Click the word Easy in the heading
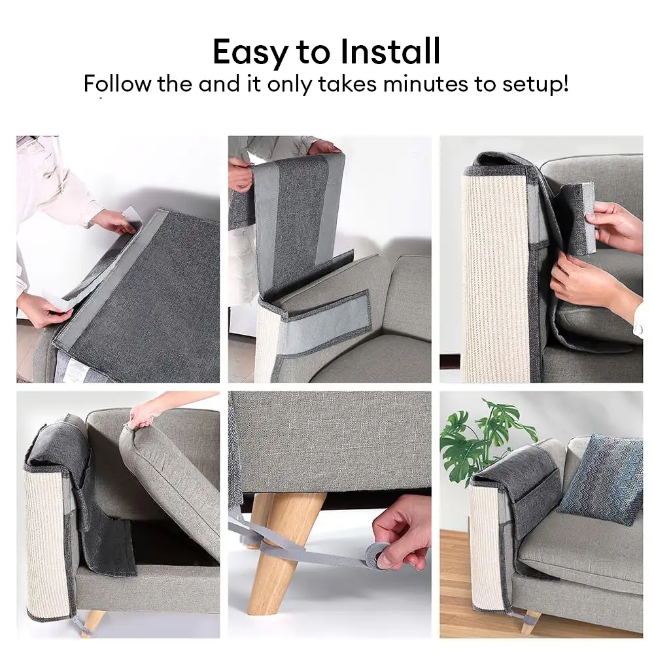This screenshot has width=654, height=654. [x=250, y=52]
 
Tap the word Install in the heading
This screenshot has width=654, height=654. [x=390, y=51]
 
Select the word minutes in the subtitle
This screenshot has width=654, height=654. [x=425, y=84]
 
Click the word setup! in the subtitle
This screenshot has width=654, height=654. [x=536, y=84]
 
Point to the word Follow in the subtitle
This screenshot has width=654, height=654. [x=117, y=84]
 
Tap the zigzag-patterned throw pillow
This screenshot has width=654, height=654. [x=600, y=479]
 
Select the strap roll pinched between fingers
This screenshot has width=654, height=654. [x=378, y=557]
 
